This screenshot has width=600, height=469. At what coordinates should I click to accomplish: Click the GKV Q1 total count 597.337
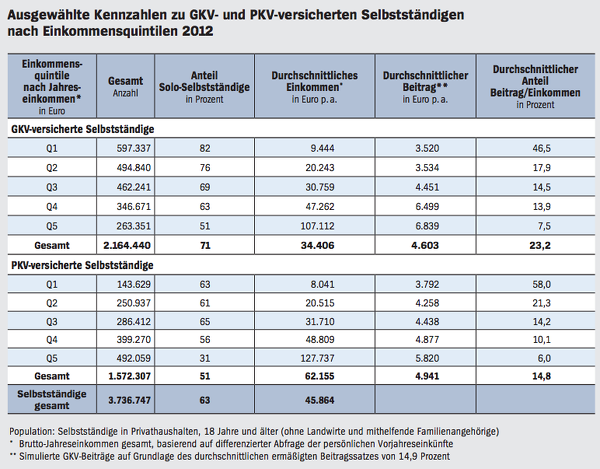tap(134, 148)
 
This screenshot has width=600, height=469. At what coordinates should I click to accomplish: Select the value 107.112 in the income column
tap(317, 226)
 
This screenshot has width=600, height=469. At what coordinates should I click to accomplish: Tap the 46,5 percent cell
tap(541, 148)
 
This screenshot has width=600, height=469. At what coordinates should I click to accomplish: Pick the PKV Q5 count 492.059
tap(134, 358)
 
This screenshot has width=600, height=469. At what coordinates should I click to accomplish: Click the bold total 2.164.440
tap(127, 245)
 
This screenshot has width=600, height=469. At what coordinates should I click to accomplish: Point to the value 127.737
tap(317, 358)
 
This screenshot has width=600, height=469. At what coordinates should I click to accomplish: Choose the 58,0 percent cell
tap(541, 284)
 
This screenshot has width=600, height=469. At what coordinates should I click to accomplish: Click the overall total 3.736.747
tap(129, 400)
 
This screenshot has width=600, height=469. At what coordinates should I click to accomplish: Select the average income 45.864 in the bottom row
tap(320, 400)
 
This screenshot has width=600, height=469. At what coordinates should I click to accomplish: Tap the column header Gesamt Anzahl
tap(126, 86)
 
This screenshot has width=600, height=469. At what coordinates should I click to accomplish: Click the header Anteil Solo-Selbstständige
tap(204, 87)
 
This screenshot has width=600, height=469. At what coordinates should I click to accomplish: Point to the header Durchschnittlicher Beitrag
tap(426, 87)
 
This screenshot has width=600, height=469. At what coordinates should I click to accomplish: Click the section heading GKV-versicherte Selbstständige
tap(83, 129)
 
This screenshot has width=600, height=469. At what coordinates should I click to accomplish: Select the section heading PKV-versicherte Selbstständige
tap(82, 265)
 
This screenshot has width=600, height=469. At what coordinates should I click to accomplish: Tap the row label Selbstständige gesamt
tap(52, 400)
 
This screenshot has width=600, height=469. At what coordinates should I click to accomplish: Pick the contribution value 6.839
tap(427, 226)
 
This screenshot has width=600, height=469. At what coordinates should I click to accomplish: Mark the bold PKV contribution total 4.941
tap(427, 376)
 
